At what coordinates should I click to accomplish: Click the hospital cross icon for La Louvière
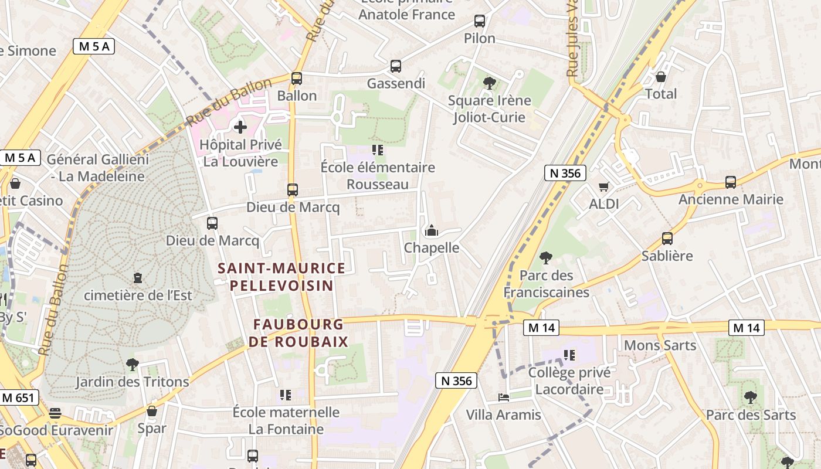(240, 127)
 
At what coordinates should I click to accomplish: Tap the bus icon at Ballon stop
(297, 78)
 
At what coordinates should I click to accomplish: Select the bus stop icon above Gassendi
(396, 66)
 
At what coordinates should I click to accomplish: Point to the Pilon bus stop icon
(480, 21)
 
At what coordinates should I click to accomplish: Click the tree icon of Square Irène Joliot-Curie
(489, 83)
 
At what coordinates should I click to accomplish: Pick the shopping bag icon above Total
(661, 77)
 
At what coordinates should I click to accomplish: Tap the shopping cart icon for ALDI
(603, 186)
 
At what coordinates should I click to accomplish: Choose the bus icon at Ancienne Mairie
(731, 182)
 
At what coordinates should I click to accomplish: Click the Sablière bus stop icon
(667, 238)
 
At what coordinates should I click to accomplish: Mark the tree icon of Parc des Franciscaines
(546, 257)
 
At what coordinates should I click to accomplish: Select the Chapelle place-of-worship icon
(432, 230)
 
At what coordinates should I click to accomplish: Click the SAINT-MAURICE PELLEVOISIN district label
(281, 277)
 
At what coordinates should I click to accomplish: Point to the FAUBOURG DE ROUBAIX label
(298, 332)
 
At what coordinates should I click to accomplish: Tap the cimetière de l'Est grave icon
(138, 277)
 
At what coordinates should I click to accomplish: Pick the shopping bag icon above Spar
(152, 411)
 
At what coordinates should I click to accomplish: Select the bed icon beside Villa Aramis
(503, 397)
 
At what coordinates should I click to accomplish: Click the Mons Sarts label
(660, 345)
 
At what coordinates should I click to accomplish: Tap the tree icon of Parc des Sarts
(751, 397)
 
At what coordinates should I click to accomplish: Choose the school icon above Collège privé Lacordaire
(569, 355)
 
